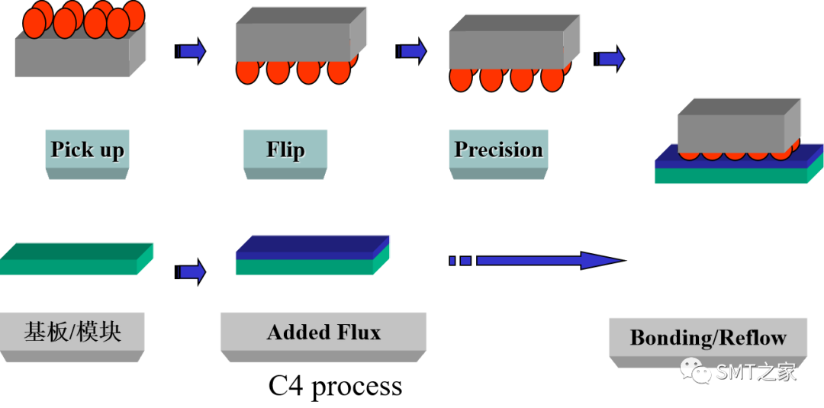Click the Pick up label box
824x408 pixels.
(x=87, y=149)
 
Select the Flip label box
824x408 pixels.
(x=285, y=149)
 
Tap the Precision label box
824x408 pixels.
(x=498, y=149)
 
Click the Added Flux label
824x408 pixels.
(x=323, y=333)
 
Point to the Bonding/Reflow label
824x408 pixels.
(x=707, y=337)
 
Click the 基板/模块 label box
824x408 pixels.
(x=72, y=332)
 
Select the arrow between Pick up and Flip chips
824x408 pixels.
(x=192, y=51)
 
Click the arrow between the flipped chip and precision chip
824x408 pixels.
(x=412, y=51)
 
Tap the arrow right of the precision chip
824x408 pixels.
(x=610, y=59)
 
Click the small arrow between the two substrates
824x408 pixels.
(x=192, y=271)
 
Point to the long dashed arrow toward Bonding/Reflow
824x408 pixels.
(x=534, y=261)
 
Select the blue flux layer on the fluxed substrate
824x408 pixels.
(x=309, y=245)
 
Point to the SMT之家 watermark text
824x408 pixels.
(x=755, y=372)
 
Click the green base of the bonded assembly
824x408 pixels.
(x=730, y=176)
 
